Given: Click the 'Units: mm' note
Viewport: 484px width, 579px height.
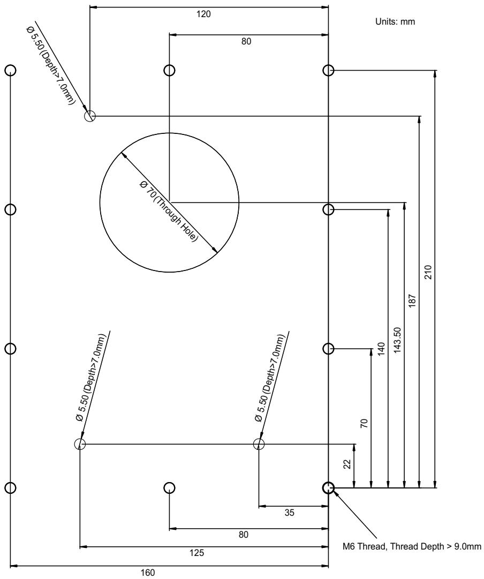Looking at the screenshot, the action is coord(395,21).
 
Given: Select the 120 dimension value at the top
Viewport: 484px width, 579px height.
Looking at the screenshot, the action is coord(203,14).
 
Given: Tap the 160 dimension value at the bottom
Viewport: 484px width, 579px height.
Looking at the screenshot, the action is coord(148,573).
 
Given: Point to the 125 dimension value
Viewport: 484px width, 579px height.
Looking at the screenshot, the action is coord(197,552).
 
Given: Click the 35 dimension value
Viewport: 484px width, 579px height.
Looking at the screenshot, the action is coord(290,513).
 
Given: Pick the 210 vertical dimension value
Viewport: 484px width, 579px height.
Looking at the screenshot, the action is coord(428,272).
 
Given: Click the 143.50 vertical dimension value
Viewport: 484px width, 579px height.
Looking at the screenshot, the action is coord(397,340).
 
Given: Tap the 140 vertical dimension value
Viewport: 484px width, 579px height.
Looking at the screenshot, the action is coord(381,349).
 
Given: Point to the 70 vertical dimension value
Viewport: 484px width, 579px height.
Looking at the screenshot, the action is coord(364,423).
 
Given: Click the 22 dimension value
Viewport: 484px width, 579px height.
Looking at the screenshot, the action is coord(347,464).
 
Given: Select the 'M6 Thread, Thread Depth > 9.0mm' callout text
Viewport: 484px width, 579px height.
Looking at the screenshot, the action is coord(412,546).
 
